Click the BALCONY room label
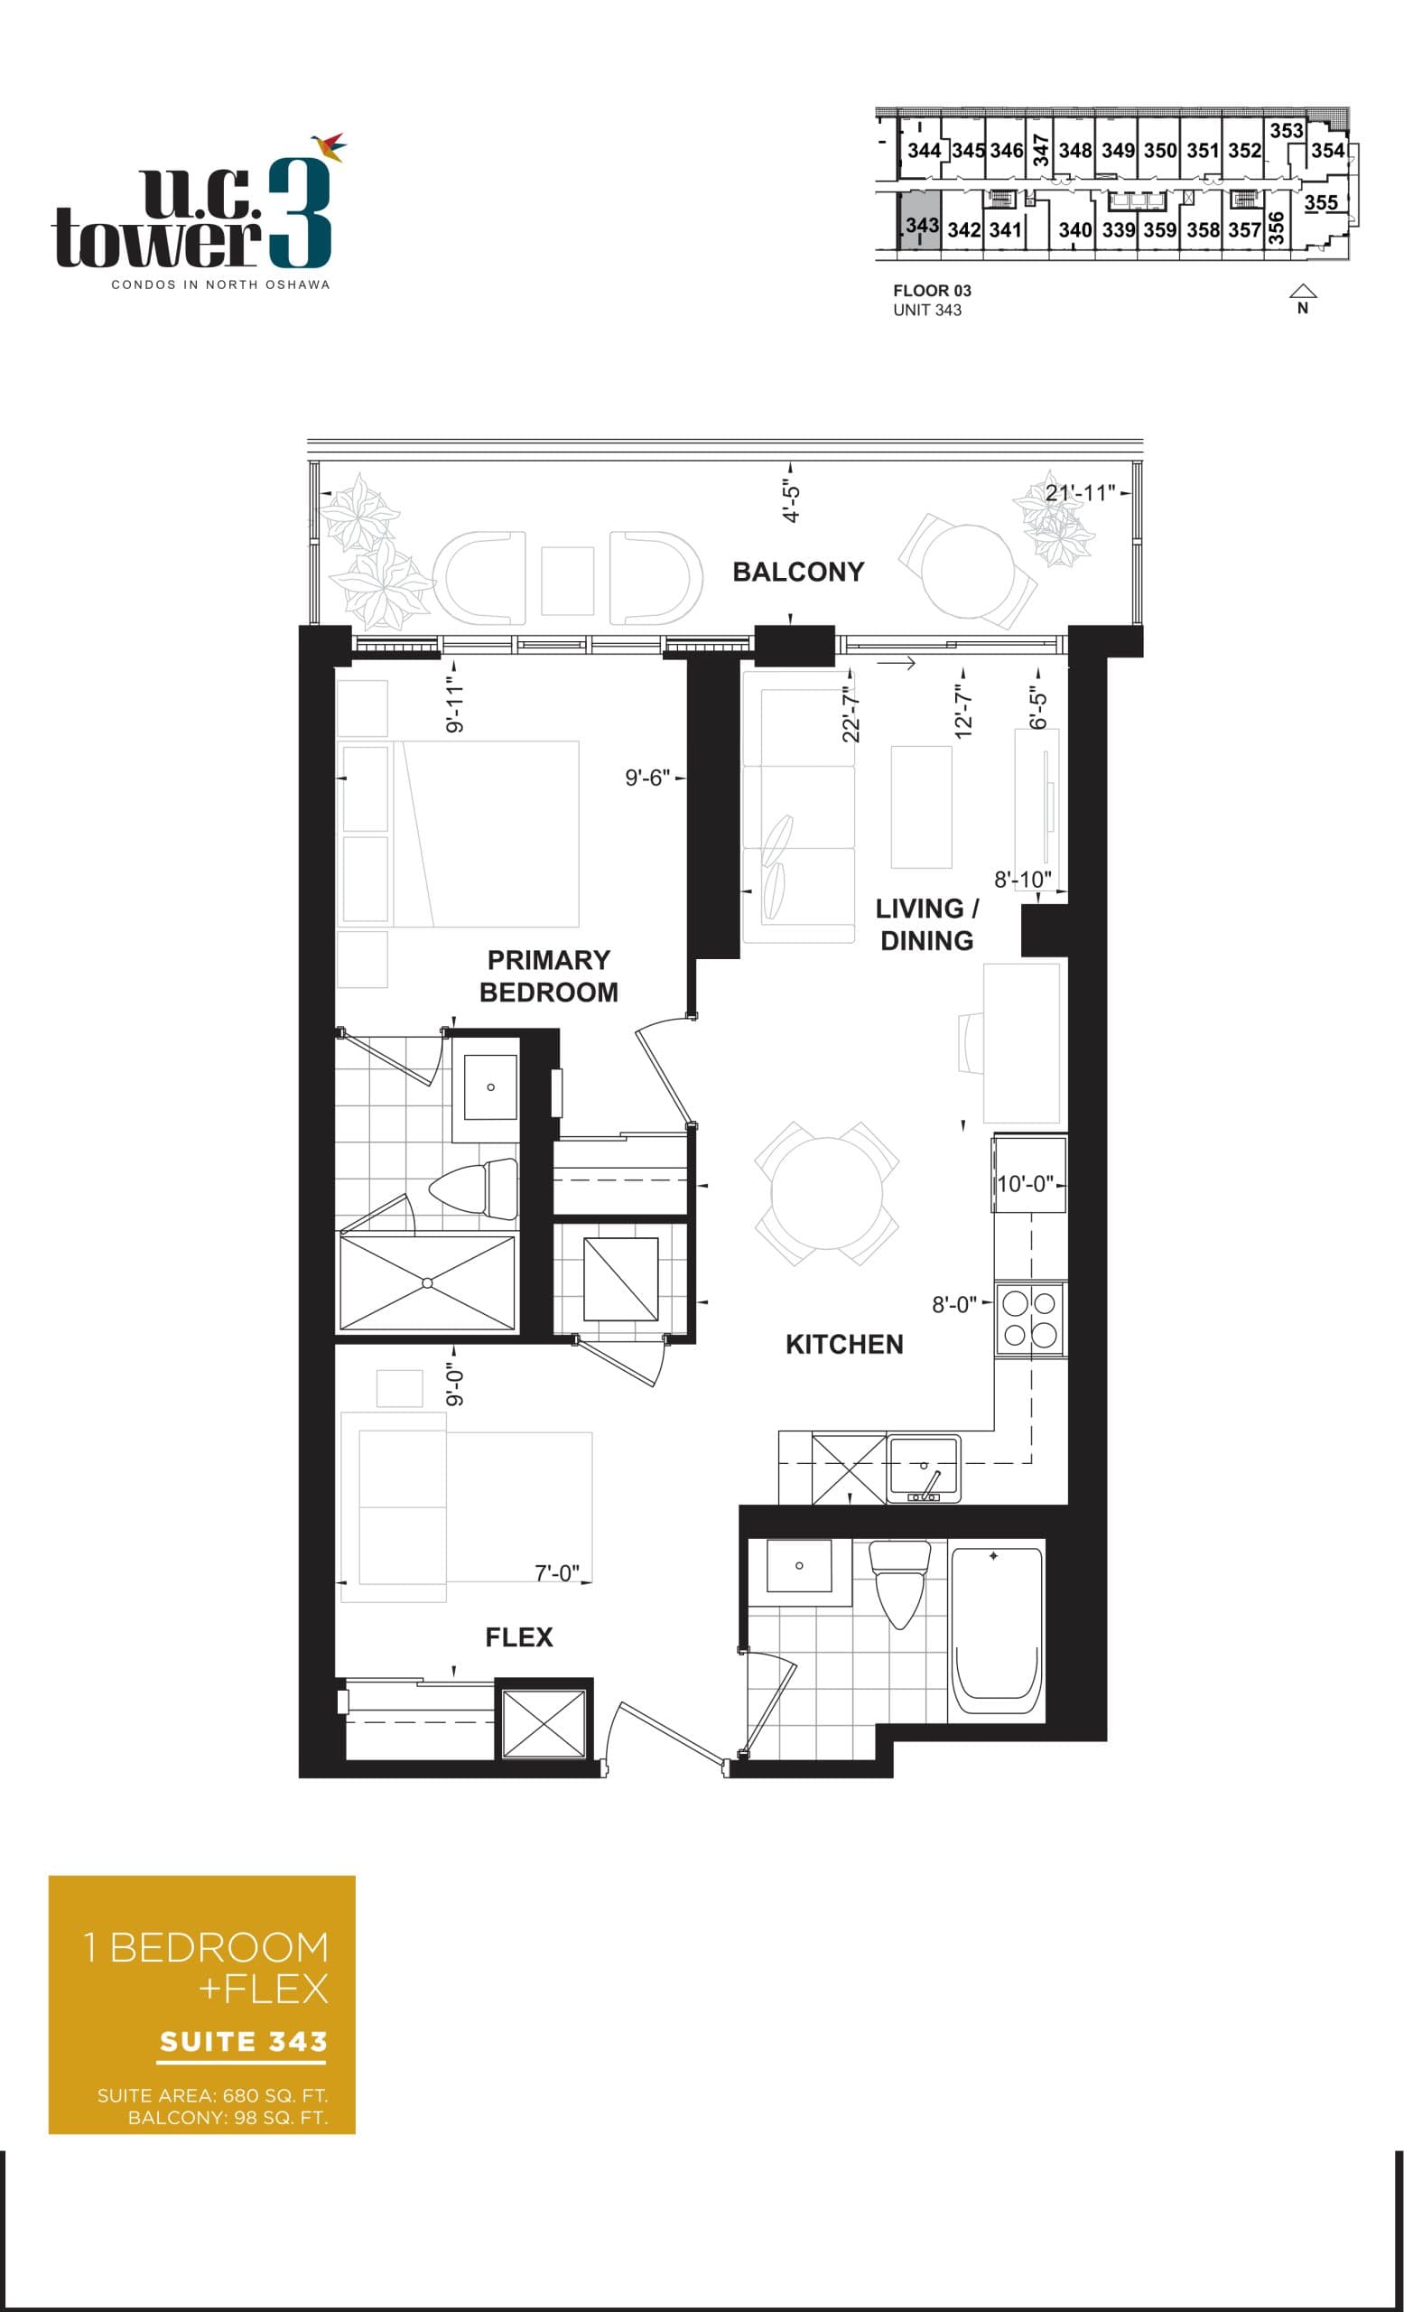pyautogui.click(x=797, y=572)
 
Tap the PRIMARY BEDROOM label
pyautogui.click(x=548, y=976)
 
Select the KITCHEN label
pyautogui.click(x=844, y=1344)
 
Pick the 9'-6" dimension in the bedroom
pyautogui.click(x=647, y=778)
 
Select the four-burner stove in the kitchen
pyautogui.click(x=1030, y=1319)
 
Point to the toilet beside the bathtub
pyautogui.click(x=899, y=1582)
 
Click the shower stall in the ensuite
pyautogui.click(x=427, y=1282)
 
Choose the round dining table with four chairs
pyautogui.click(x=826, y=1194)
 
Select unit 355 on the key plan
pyautogui.click(x=1320, y=202)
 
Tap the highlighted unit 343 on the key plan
pyautogui.click(x=920, y=226)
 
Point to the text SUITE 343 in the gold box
pyautogui.click(x=243, y=2042)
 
